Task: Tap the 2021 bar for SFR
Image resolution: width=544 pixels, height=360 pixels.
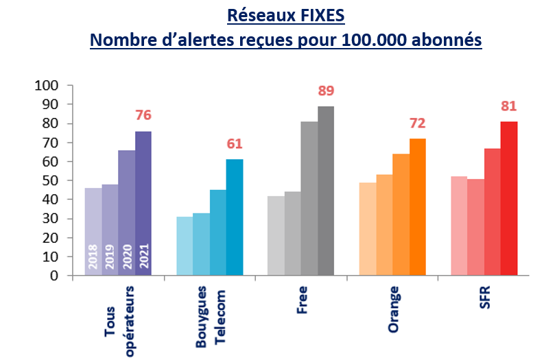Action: click(x=509, y=198)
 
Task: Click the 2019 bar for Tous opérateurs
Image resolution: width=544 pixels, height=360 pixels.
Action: click(x=110, y=230)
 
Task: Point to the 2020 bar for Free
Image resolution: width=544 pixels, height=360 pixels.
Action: click(x=309, y=198)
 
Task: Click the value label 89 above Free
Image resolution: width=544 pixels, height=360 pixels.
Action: click(x=326, y=91)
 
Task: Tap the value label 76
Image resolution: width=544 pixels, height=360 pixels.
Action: click(x=143, y=115)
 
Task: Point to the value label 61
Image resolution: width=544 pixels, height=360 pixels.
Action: click(x=235, y=144)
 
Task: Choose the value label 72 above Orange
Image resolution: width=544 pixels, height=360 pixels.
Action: click(x=418, y=123)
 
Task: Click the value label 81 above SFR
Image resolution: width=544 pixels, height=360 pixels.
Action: click(x=508, y=106)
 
